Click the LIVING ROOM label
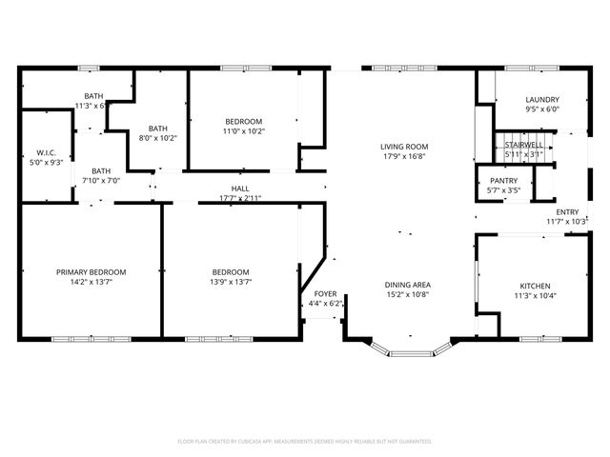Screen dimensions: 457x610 point(403,147)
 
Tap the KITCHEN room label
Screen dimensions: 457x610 point(534,286)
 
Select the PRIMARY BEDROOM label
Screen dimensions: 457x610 point(91,272)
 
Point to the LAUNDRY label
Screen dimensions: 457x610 point(541,99)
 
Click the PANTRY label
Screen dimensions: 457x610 point(503,180)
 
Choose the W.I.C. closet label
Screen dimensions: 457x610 point(47,153)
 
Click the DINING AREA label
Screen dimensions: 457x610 point(407,285)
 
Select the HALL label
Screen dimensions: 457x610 point(239,189)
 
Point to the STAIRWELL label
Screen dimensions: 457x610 point(523,145)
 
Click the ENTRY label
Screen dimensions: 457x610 point(567,212)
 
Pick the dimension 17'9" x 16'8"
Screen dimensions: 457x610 point(403,156)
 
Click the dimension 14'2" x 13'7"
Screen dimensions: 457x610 point(91,282)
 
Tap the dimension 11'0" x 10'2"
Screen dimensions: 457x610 point(243,131)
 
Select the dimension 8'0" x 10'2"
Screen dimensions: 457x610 point(157,138)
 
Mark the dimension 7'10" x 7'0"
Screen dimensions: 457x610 point(101,180)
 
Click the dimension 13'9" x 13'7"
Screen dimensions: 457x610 point(231,282)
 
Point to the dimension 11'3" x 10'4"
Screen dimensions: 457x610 point(534,295)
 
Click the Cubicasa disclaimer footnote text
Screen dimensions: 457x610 point(305,441)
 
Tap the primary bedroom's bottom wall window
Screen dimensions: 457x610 point(79,339)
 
